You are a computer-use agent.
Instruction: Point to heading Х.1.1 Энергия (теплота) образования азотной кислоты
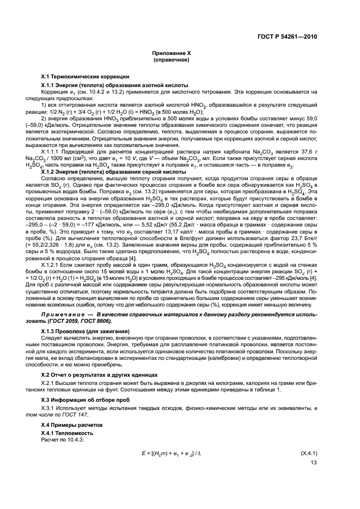115,85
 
